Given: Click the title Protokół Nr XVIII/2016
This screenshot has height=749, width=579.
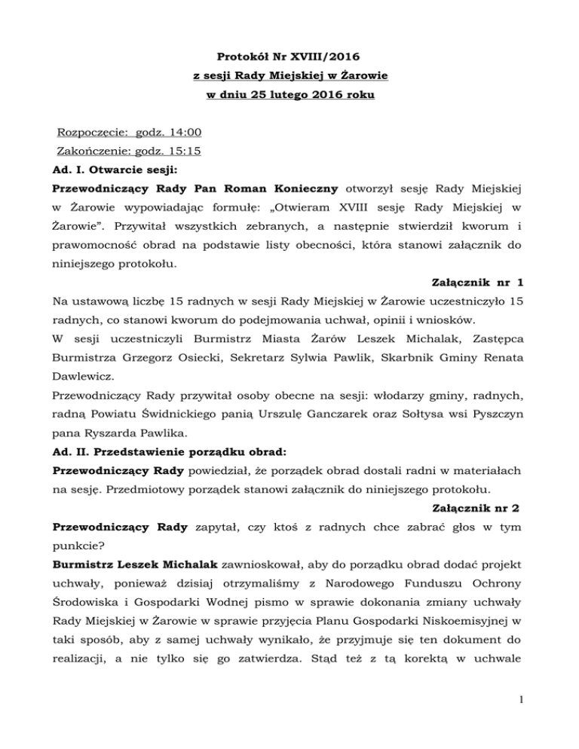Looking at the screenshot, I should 289,57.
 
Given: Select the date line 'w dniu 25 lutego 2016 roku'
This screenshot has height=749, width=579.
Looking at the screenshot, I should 289,96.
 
